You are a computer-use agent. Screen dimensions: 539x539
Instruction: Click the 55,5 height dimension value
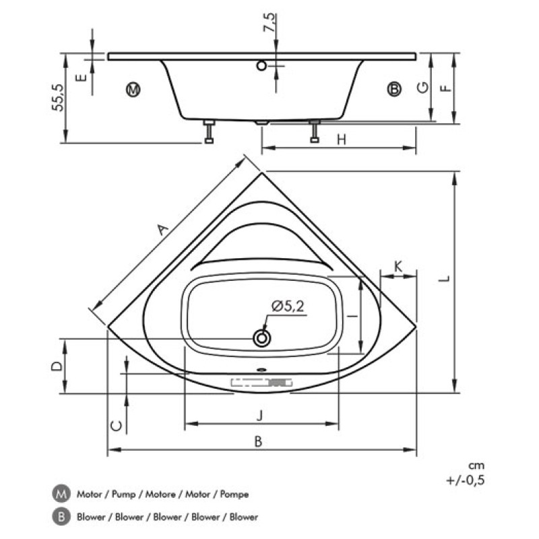(58, 98)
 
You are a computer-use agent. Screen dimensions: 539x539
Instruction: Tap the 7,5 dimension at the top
(269, 22)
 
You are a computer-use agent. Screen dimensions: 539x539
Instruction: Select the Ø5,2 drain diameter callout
(288, 306)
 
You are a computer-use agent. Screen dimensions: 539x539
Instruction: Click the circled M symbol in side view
(133, 90)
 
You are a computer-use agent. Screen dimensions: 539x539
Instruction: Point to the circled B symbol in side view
(394, 89)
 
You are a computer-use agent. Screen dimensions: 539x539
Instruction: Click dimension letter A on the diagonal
(163, 229)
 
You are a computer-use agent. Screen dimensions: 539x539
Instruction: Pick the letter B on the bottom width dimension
(259, 441)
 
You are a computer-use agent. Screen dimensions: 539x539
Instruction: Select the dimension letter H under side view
(342, 139)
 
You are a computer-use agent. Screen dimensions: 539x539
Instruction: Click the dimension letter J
(259, 415)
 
